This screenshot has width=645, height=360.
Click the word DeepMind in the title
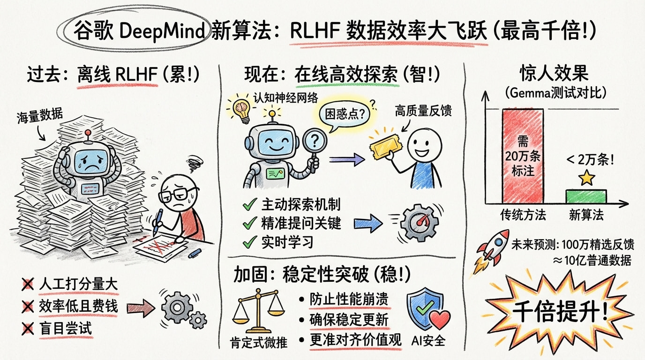click(x=162, y=31)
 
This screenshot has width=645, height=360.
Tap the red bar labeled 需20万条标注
click(x=523, y=156)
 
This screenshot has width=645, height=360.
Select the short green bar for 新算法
click(x=586, y=197)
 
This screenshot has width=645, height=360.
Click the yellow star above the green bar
click(x=586, y=178)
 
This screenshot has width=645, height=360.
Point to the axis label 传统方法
click(x=523, y=215)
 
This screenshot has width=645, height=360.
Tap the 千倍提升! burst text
click(x=560, y=312)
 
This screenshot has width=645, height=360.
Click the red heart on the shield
click(x=440, y=319)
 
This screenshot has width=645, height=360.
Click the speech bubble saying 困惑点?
click(x=345, y=115)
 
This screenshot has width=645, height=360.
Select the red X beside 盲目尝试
click(x=28, y=328)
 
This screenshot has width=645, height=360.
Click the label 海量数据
click(x=39, y=116)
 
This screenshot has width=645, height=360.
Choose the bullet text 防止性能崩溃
click(x=349, y=300)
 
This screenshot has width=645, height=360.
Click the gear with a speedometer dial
click(x=420, y=223)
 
